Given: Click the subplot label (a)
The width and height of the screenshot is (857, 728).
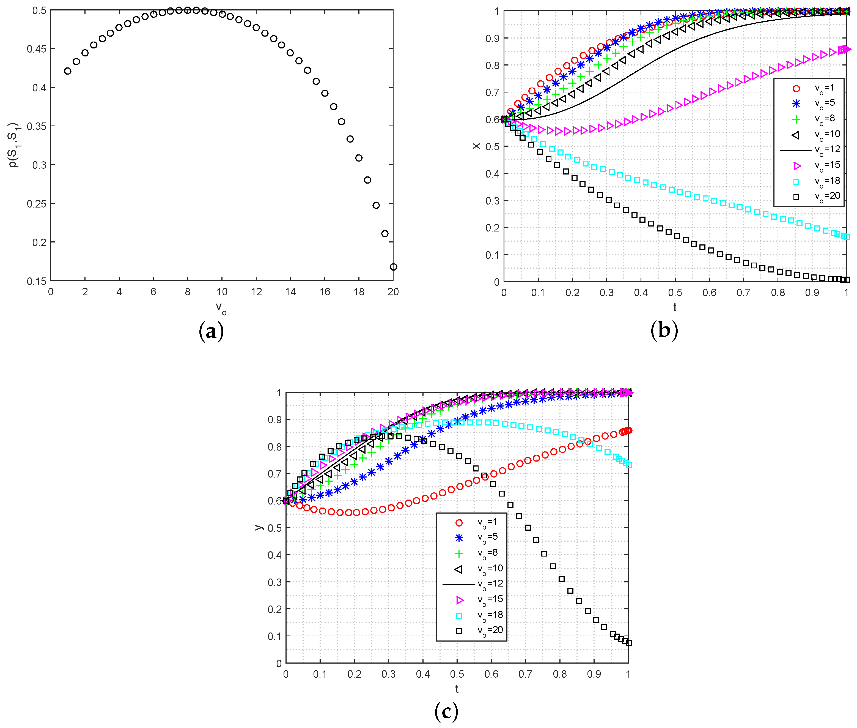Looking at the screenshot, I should (211, 331).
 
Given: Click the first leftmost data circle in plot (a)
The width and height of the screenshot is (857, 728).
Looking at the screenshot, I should (68, 71).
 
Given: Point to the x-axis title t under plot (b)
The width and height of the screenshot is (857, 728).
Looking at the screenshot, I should (675, 307).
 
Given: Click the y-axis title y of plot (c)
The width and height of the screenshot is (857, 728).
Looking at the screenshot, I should (259, 527).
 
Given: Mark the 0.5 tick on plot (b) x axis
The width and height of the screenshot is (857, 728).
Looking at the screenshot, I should (675, 293).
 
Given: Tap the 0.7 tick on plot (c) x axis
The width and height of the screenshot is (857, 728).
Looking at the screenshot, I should (525, 674).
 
